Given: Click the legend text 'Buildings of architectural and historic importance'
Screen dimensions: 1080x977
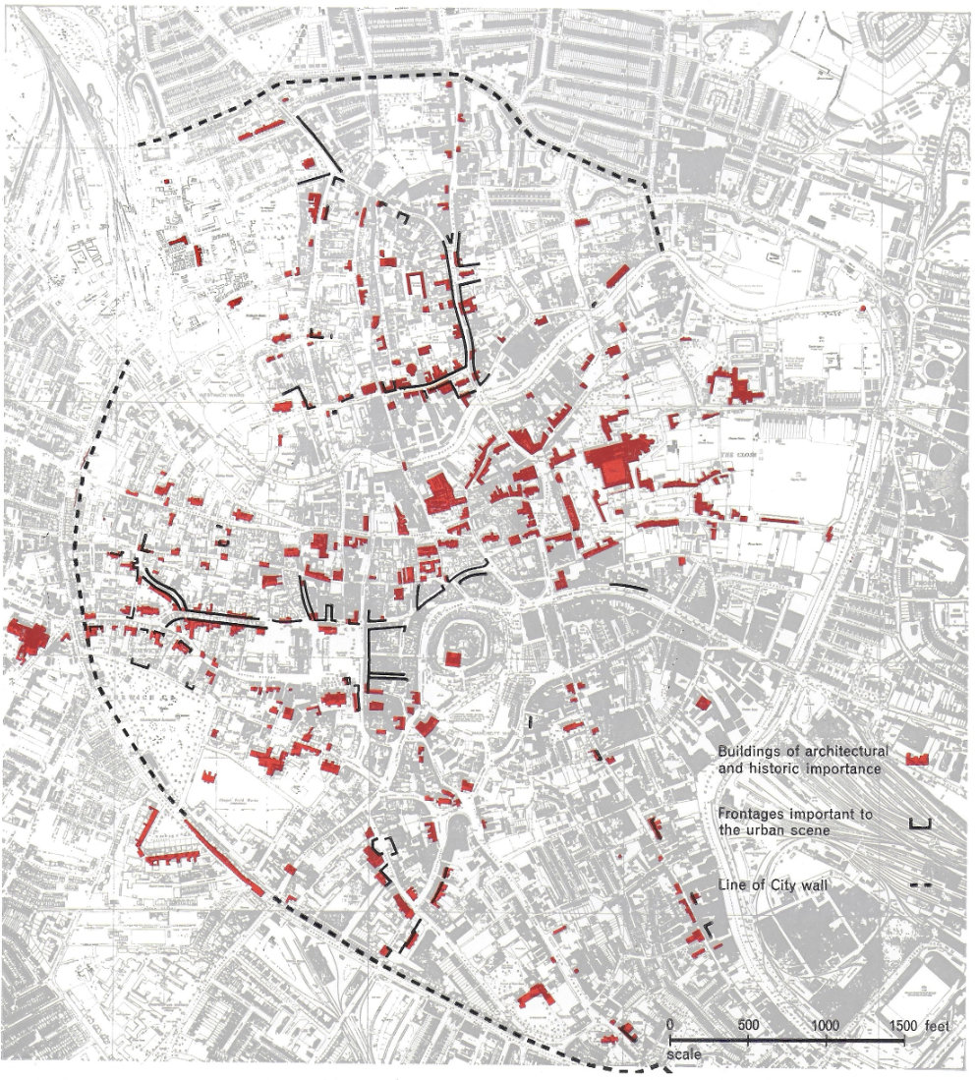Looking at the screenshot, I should point(799,760).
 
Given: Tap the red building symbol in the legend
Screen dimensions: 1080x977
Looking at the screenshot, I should point(918,759).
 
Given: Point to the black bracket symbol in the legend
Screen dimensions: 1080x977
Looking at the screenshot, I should point(918,822).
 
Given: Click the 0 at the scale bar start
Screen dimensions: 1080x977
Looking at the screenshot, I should point(670,1025).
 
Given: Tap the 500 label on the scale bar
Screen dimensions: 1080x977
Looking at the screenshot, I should point(748,1025).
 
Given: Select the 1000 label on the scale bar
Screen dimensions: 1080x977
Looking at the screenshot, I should point(826,1025).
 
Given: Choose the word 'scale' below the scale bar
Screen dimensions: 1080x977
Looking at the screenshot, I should point(683,1056).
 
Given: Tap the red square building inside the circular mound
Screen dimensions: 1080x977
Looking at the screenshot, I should point(453,658).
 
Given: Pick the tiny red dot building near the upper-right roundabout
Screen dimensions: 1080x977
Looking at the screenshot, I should point(863,309).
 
